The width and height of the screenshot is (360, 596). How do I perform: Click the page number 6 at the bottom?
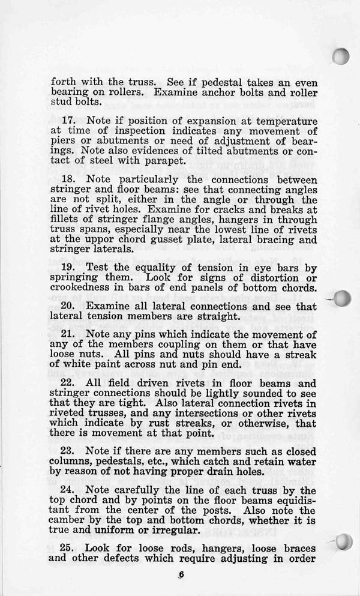click(181, 576)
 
